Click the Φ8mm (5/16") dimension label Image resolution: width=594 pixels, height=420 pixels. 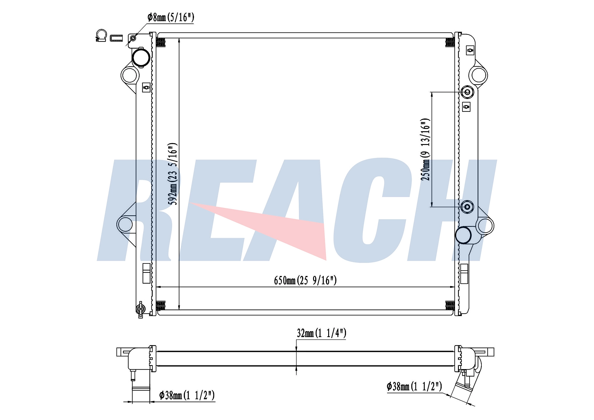click(x=171, y=17)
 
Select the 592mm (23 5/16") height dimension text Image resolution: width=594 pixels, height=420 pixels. click(x=173, y=174)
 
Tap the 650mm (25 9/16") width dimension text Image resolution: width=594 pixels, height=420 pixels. click(x=305, y=280)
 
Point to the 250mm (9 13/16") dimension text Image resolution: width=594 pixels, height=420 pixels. click(x=425, y=149)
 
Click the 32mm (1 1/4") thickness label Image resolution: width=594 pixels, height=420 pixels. click(x=321, y=333)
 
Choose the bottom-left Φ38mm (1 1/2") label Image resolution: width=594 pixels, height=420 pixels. click(x=187, y=395)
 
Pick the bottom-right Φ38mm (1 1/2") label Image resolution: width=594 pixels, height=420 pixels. click(x=414, y=386)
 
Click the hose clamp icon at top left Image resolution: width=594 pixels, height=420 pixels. click(x=101, y=36)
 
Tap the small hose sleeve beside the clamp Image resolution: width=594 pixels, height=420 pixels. click(x=116, y=38)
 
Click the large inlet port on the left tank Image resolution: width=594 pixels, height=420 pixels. click(x=141, y=58)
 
